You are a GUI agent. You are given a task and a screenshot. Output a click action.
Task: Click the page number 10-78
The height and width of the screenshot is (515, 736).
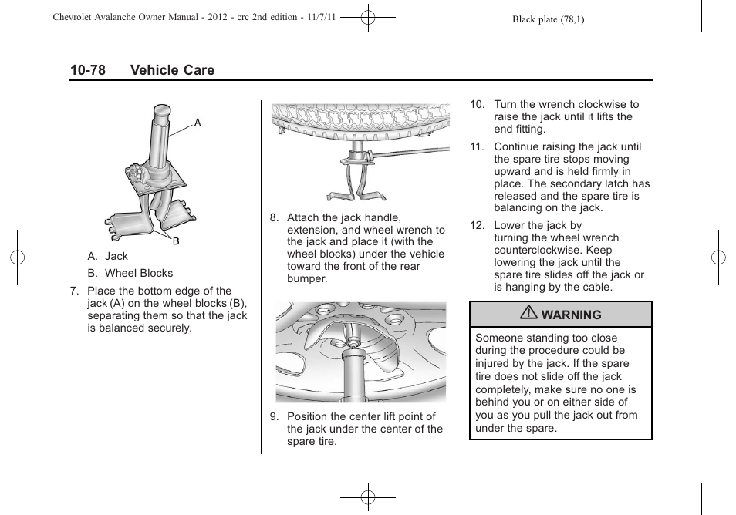pyautogui.click(x=87, y=70)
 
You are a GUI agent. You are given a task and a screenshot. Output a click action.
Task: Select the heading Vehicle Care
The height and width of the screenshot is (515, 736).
pyautogui.click(x=172, y=70)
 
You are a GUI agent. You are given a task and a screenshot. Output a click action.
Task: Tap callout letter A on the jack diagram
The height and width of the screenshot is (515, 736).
pyautogui.click(x=198, y=123)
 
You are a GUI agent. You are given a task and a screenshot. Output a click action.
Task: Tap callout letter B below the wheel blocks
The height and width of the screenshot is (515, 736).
pyautogui.click(x=175, y=241)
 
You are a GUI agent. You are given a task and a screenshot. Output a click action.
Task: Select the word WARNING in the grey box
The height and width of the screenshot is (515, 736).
pyautogui.click(x=571, y=315)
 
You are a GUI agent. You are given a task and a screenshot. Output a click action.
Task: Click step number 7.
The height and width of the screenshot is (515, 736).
pyautogui.click(x=74, y=291)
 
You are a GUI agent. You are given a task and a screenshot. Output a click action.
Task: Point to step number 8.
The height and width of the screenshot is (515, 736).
pyautogui.click(x=274, y=218)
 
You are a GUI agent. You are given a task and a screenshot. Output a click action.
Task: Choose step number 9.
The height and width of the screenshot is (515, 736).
pyautogui.click(x=274, y=417)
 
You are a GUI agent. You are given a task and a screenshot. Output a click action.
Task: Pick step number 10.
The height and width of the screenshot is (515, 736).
pyautogui.click(x=477, y=105)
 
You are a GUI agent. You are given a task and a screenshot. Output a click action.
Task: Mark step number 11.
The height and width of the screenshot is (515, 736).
pyautogui.click(x=477, y=147)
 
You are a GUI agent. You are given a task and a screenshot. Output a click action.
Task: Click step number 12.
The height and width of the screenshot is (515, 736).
pyautogui.click(x=477, y=226)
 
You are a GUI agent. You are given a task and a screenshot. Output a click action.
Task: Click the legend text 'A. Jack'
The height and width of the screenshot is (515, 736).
pyautogui.click(x=107, y=256)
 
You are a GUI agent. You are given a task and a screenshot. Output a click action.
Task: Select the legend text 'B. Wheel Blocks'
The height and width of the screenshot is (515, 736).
pyautogui.click(x=130, y=273)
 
